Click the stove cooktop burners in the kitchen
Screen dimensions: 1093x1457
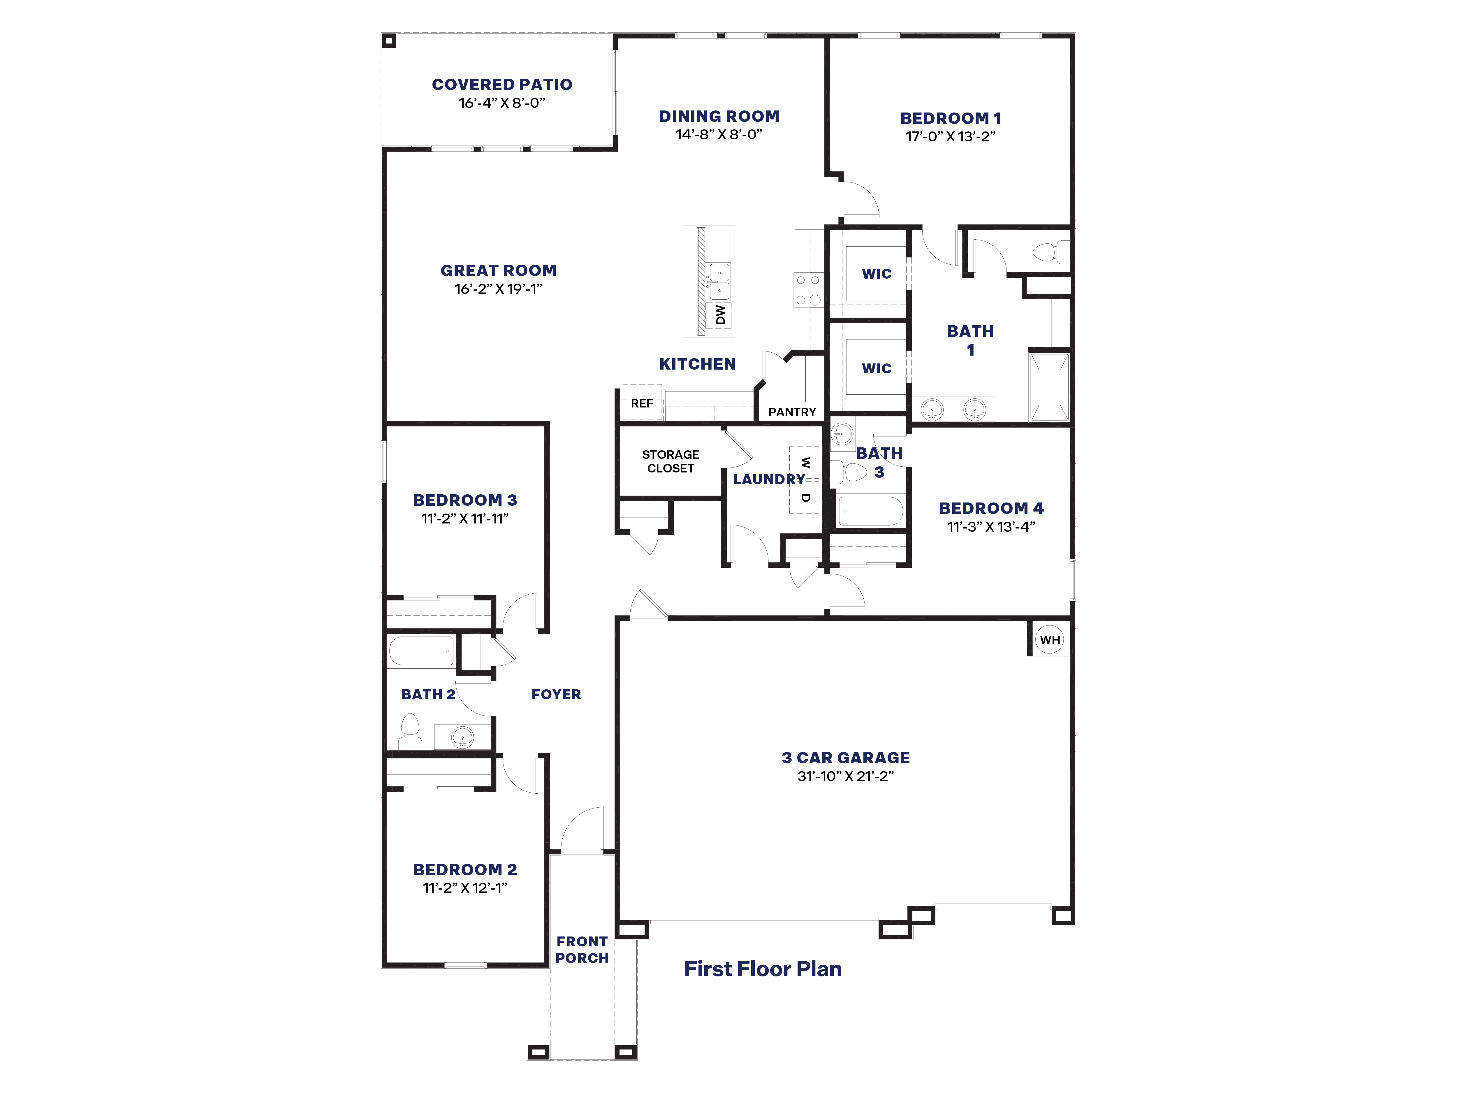(x=808, y=290)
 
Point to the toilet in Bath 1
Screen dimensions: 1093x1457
(x=1050, y=252)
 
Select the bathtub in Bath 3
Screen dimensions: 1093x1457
(x=870, y=511)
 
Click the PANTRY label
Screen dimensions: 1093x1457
(x=792, y=412)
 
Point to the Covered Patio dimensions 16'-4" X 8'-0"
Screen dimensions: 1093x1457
(x=502, y=103)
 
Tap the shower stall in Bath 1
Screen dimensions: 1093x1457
(x=1049, y=387)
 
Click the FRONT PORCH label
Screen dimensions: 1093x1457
(x=582, y=949)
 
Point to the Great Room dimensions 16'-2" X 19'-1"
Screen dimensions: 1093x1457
(x=498, y=289)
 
